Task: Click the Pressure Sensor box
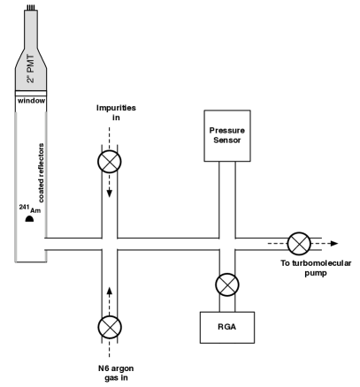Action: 228,135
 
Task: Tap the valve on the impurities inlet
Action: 110,162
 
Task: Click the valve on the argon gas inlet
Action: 110,328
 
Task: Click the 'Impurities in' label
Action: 110,116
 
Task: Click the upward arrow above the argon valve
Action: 110,290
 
